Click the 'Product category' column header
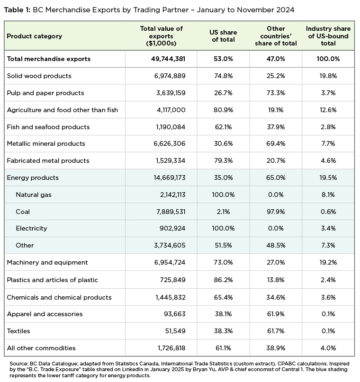click(x=34, y=36)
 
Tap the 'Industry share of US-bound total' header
click(x=328, y=36)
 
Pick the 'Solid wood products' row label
click(x=39, y=76)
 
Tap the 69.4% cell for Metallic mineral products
click(x=275, y=143)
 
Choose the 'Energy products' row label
click(x=33, y=178)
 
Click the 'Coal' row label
click(x=23, y=212)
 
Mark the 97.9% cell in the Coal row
click(x=275, y=212)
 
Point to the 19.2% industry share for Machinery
click(x=328, y=262)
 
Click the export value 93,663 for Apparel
click(x=173, y=314)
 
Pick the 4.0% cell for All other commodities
click(x=328, y=348)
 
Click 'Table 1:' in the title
click(x=18, y=9)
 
